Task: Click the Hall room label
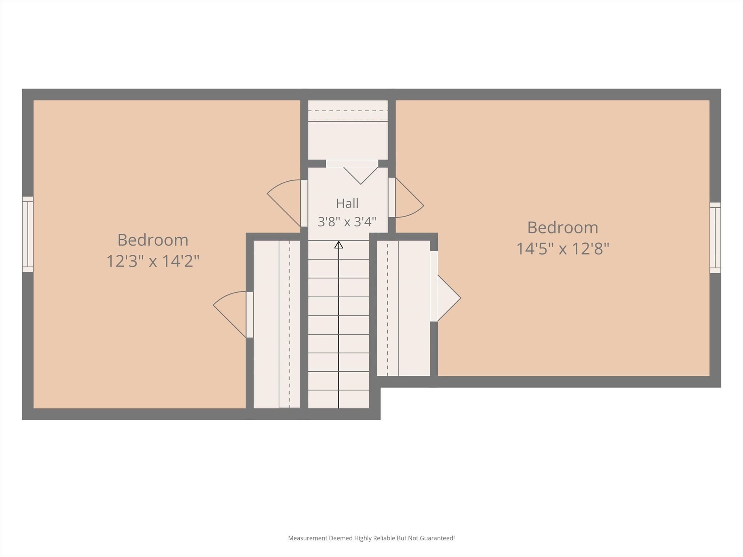click(x=347, y=203)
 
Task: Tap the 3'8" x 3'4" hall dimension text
click(x=347, y=222)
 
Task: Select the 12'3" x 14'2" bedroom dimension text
click(x=153, y=261)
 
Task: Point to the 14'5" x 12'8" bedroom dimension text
click(x=563, y=248)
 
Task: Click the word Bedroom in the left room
click(x=153, y=240)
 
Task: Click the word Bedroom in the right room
click(x=563, y=227)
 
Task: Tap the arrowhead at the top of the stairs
click(x=338, y=244)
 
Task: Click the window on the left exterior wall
click(x=28, y=234)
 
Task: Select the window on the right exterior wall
click(x=715, y=238)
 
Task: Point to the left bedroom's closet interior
click(x=277, y=324)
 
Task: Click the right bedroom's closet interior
click(x=403, y=308)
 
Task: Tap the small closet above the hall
click(x=348, y=130)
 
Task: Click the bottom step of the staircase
click(x=338, y=399)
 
